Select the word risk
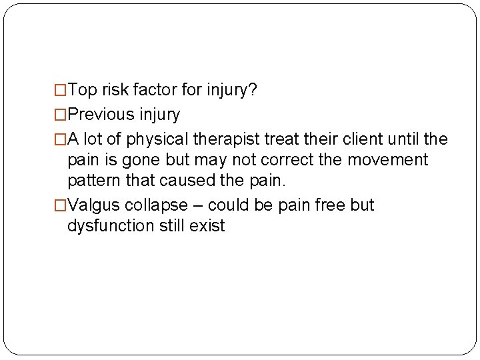[x=115, y=90]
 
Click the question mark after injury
[x=253, y=90]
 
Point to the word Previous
[x=101, y=115]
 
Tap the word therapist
[x=224, y=139]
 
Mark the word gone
[x=137, y=160]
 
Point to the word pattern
[x=91, y=181]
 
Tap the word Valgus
[x=92, y=205]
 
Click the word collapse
[x=155, y=205]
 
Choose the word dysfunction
[x=111, y=226]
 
